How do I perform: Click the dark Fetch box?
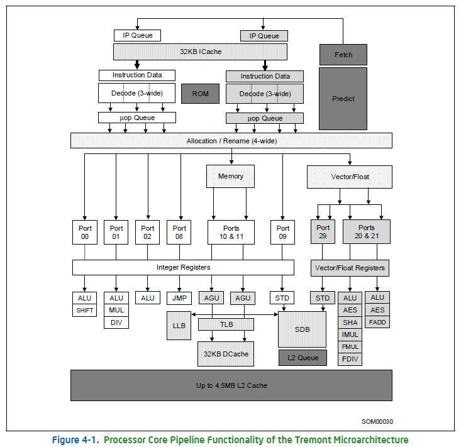(343, 55)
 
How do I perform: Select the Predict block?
(343, 99)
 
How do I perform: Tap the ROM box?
(200, 94)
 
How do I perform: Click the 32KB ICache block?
(200, 52)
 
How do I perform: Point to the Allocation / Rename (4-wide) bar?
(231, 141)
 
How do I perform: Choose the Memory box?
(231, 176)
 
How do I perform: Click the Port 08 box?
(179, 232)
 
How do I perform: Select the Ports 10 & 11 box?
(231, 232)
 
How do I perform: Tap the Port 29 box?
(323, 232)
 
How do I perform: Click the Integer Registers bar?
(183, 267)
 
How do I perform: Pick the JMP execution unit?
(179, 297)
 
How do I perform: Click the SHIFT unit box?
(85, 310)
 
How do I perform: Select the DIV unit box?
(116, 323)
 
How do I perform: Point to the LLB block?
(179, 326)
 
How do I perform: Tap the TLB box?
(226, 324)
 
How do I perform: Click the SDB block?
(303, 329)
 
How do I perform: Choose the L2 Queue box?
(303, 358)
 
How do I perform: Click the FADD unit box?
(377, 323)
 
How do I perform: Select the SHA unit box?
(350, 323)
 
